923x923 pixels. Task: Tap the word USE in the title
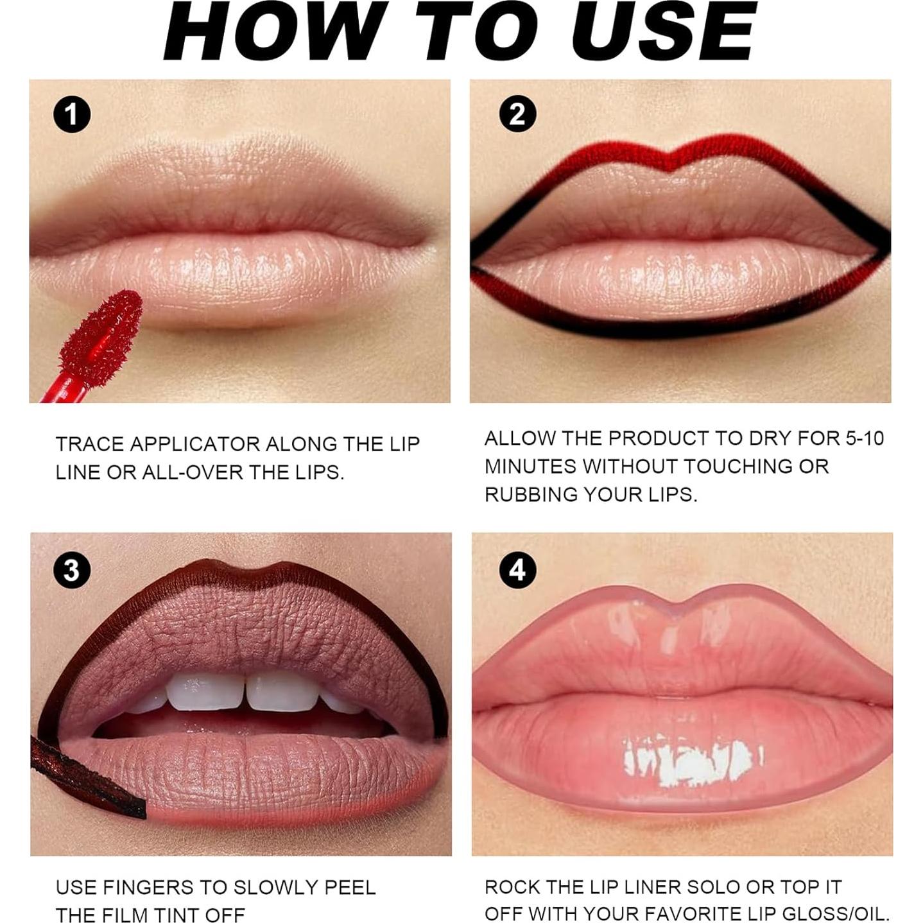point(664,32)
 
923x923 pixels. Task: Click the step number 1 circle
point(71,115)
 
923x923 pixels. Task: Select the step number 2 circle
point(517,115)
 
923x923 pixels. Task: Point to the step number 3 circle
point(71,570)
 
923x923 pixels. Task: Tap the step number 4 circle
point(517,570)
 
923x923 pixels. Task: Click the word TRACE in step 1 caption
point(90,444)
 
